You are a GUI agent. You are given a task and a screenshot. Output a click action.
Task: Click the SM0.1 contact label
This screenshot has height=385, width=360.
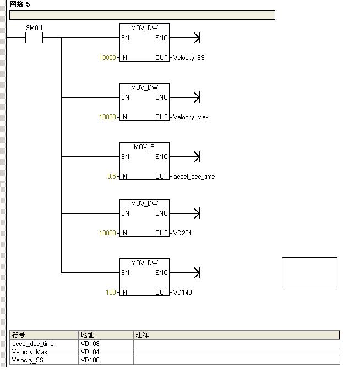point(34,28)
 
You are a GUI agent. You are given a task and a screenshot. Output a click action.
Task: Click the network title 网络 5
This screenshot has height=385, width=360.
point(20,4)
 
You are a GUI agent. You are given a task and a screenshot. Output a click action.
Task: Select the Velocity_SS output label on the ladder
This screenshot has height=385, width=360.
point(189,58)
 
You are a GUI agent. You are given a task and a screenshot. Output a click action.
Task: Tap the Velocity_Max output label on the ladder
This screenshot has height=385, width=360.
point(191,117)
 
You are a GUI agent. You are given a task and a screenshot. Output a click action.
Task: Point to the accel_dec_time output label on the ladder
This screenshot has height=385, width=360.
point(194,177)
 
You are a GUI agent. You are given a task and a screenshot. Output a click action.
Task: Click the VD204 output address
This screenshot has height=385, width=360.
point(183,233)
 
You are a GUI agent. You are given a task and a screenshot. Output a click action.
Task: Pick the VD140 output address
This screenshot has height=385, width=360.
point(183,293)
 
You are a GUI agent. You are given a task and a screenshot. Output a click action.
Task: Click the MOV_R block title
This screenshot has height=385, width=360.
point(144,147)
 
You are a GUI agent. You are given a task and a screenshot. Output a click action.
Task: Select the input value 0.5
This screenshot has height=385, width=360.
point(112,177)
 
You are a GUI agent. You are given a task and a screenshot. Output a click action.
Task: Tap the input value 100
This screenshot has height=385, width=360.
point(111,293)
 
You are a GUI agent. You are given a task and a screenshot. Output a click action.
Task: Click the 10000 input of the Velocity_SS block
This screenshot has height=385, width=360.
point(107,58)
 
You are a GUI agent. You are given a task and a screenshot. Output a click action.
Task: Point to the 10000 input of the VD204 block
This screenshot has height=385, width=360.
point(107,233)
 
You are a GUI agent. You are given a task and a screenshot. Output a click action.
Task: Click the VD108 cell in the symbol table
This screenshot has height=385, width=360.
point(90,344)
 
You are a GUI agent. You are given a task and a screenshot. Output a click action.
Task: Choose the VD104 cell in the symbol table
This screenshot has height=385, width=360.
point(90,352)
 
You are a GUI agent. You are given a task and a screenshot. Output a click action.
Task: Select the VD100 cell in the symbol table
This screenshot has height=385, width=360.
point(90,360)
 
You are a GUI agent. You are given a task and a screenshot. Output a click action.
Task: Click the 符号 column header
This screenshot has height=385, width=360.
point(19,335)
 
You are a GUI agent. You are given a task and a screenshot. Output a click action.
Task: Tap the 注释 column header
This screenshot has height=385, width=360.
point(142,335)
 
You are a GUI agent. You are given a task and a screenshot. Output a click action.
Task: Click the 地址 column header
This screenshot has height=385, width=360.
point(87,335)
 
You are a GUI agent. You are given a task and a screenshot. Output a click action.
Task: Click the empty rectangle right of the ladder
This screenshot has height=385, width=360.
point(309,272)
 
